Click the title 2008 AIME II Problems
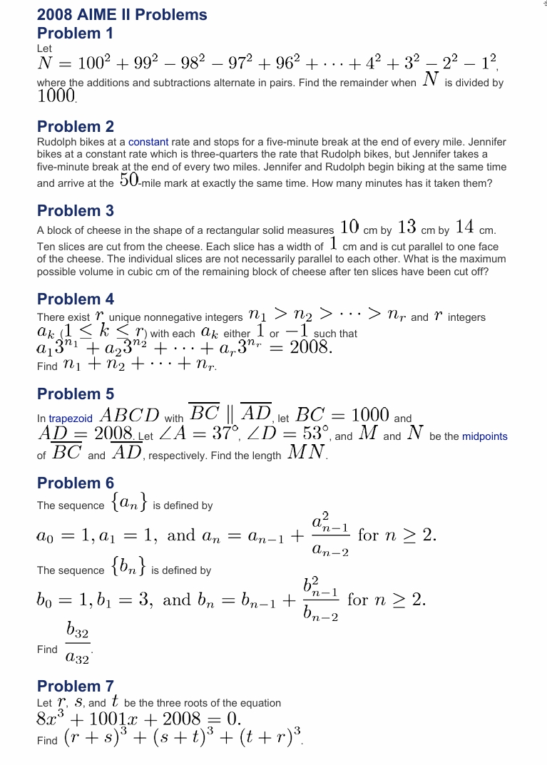[122, 15]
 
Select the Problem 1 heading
[75, 34]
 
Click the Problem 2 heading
[75, 127]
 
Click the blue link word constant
[148, 142]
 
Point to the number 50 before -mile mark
[129, 180]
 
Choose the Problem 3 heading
[75, 211]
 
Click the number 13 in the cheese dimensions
[407, 227]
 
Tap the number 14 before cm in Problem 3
[464, 227]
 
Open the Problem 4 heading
[75, 299]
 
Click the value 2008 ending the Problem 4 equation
[310, 348]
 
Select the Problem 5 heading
[75, 394]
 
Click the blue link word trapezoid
[71, 419]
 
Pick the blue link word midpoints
[484, 436]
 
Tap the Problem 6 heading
[75, 483]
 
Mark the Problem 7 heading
[75, 687]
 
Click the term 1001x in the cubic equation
[111, 719]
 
